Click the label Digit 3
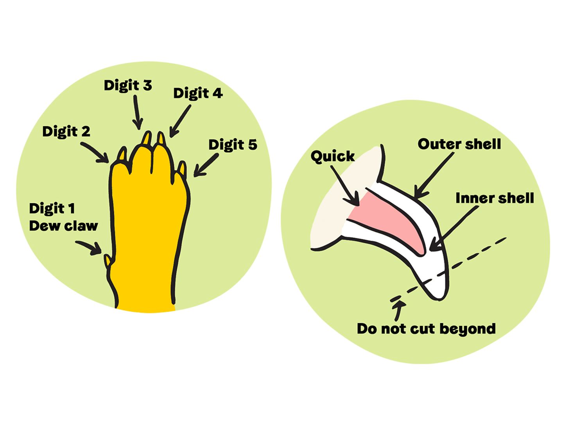pos(128,85)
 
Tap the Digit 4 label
pos(198,93)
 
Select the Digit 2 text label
pos(66,131)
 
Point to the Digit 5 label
pos(233,145)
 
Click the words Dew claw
pos(63,226)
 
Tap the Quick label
pos(332,156)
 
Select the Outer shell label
pos(459,144)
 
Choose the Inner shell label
pos(495,198)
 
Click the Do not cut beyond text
pos(426,329)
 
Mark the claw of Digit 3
pos(147,137)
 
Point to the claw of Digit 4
pos(161,138)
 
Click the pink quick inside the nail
pos(387,219)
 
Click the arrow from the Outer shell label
pos(434,175)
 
